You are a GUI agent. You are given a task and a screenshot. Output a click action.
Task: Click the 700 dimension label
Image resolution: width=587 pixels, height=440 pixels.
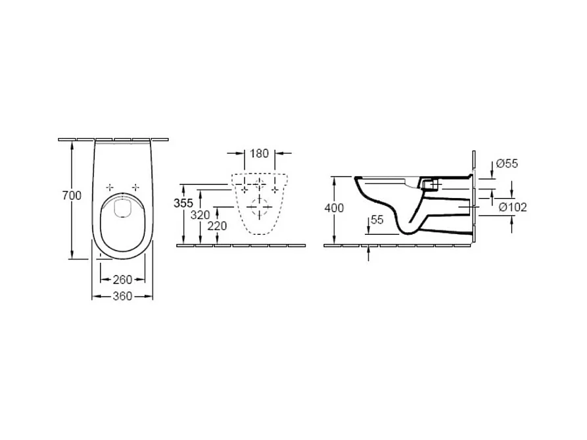pos(72,195)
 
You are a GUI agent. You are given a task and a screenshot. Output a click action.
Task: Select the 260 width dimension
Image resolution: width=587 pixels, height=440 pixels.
pos(122,280)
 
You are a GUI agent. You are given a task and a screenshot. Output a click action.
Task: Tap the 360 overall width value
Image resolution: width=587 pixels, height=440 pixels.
pos(122,296)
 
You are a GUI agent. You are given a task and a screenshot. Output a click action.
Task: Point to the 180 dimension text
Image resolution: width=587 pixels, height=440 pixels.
pos(259,153)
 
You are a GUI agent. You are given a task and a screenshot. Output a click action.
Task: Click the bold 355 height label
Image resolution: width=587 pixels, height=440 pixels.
pos(183,203)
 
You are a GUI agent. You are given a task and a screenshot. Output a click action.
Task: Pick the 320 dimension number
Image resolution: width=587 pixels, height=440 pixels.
pos(200,215)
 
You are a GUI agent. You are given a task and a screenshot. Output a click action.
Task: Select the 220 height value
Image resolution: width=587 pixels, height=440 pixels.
pos(217,226)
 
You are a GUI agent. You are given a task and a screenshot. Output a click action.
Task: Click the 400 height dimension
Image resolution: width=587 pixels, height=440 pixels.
pos(334,208)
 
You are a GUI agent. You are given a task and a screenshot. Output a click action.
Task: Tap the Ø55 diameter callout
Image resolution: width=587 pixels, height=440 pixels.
pos(507,164)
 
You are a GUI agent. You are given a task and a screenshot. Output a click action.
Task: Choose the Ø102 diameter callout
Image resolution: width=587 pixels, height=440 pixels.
pos(513,207)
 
